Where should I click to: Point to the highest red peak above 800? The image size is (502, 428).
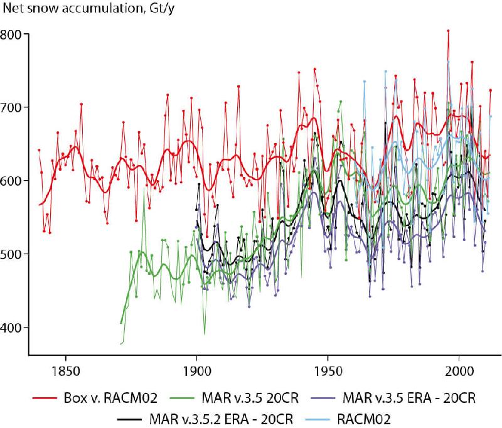click(448, 30)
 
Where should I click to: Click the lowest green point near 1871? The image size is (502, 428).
click(120, 343)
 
